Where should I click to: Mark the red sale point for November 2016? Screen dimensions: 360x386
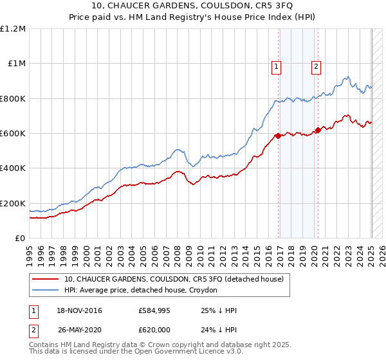(x=278, y=136)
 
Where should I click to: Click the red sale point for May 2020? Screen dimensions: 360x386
(x=318, y=130)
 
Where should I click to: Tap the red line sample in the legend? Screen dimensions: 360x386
(x=45, y=280)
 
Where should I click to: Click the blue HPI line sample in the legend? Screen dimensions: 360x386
(x=45, y=290)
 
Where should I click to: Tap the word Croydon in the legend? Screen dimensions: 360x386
(x=204, y=290)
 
